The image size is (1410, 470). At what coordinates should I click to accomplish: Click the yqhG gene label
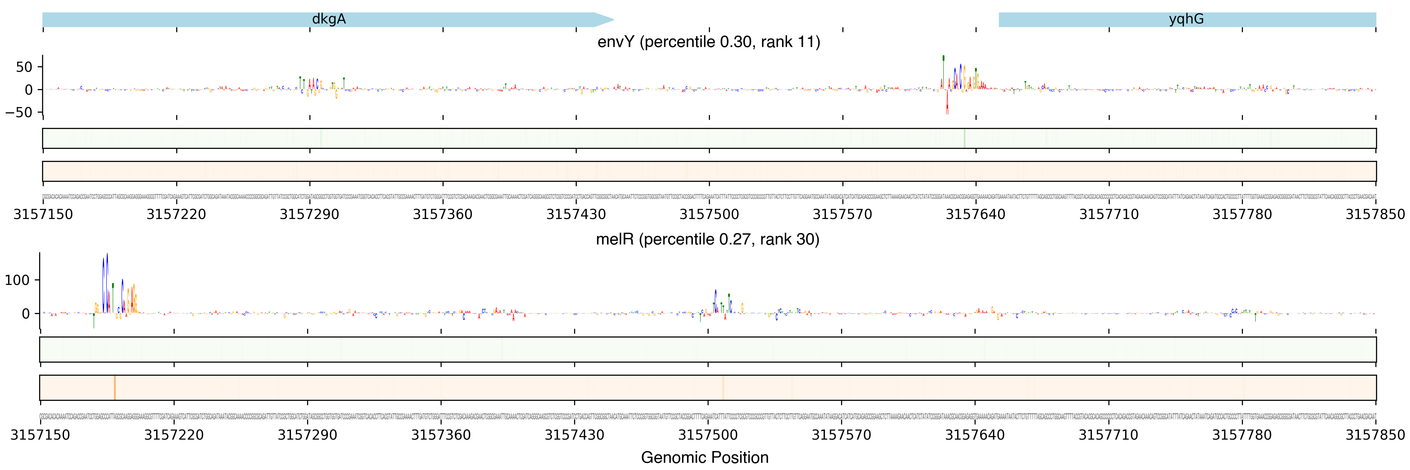click(1186, 19)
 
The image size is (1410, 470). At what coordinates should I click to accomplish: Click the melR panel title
click(707, 240)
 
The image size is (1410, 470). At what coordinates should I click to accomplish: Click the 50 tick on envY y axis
click(24, 67)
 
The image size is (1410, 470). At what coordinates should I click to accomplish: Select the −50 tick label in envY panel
click(19, 112)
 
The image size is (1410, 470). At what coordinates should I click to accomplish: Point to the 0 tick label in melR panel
click(26, 314)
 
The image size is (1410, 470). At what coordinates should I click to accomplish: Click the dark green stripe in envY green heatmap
click(964, 138)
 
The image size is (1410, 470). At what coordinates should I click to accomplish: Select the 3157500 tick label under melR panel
click(708, 435)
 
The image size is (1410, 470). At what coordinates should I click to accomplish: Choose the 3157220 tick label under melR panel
click(174, 435)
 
